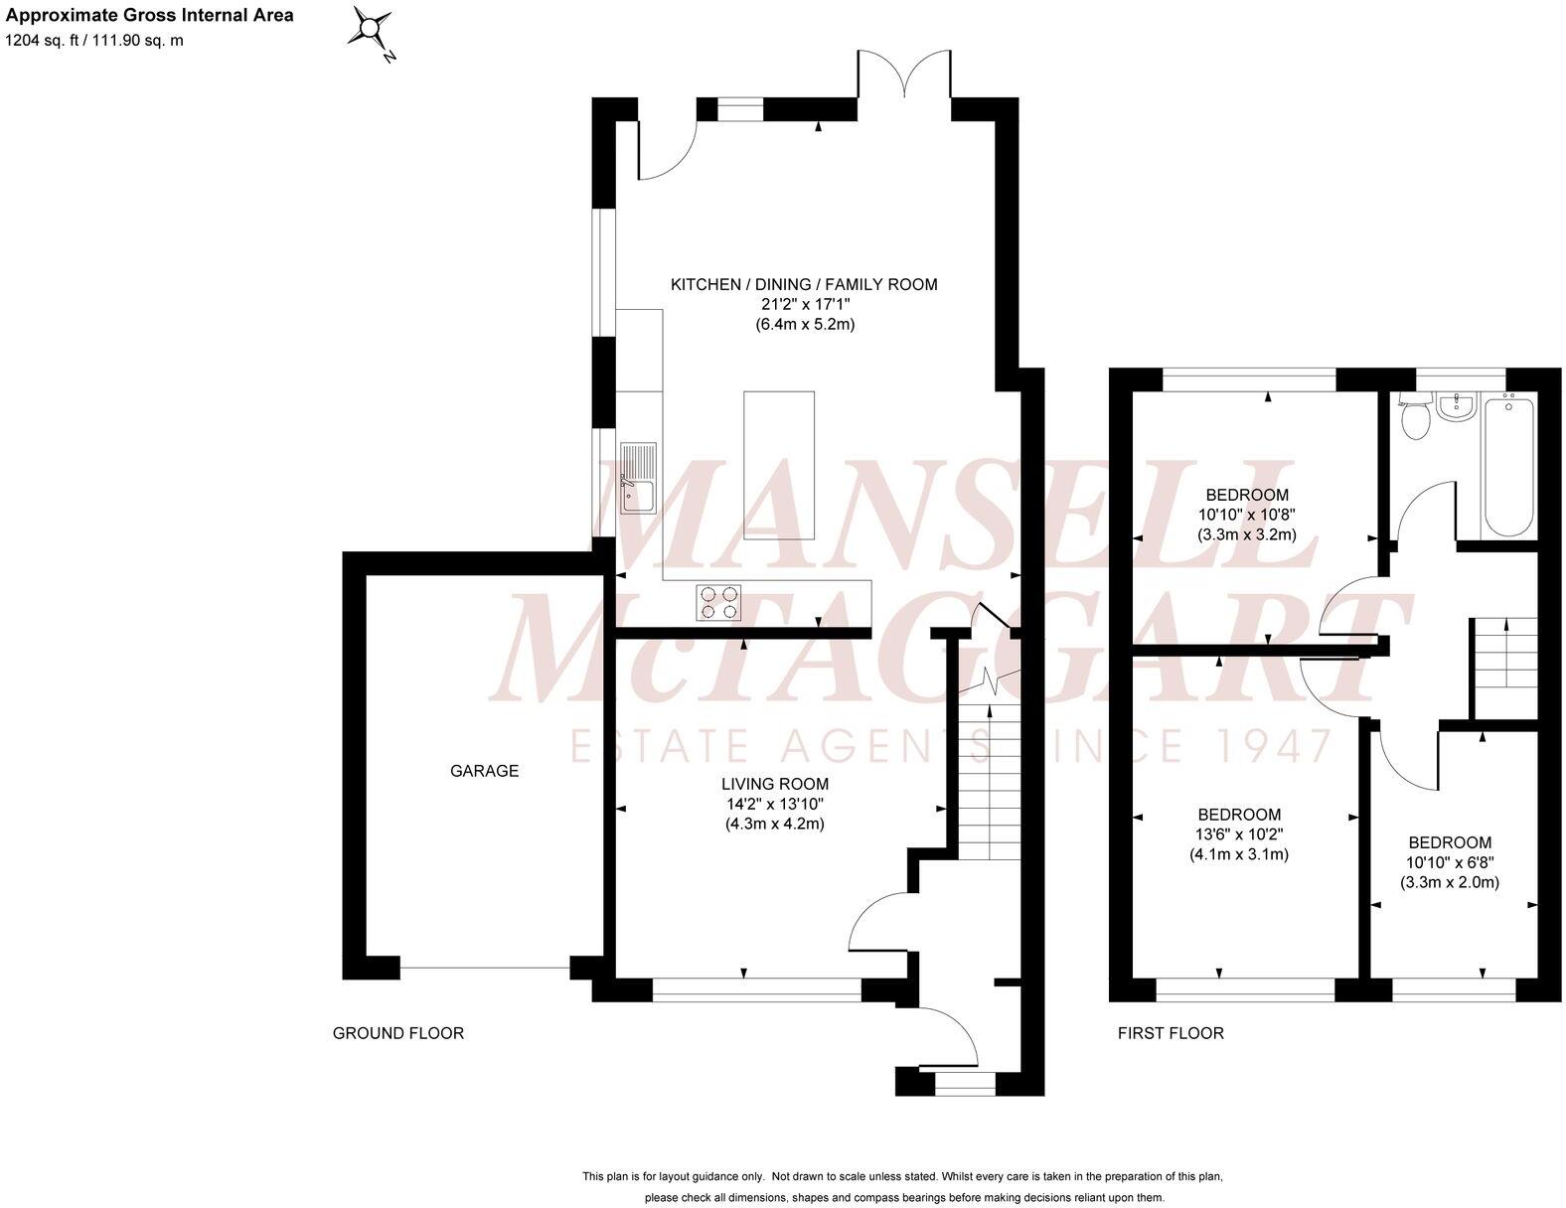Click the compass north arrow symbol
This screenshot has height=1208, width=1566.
[x=372, y=30]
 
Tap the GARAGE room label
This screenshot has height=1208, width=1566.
[x=485, y=771]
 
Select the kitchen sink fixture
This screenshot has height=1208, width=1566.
[x=639, y=479]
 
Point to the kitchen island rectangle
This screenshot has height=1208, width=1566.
[x=779, y=465]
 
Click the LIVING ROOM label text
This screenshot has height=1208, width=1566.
[x=775, y=785]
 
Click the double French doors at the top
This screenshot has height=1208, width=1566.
[x=904, y=79]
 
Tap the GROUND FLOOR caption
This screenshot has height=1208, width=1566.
[x=397, y=1033]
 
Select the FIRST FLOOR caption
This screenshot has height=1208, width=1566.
[x=1171, y=1033]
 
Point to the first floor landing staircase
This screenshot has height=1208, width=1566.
[x=1505, y=652]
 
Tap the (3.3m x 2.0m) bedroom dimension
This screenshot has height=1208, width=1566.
[x=1450, y=882]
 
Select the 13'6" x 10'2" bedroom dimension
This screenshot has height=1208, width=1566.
[x=1238, y=834]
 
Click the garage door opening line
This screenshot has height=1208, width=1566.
[x=485, y=967]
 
